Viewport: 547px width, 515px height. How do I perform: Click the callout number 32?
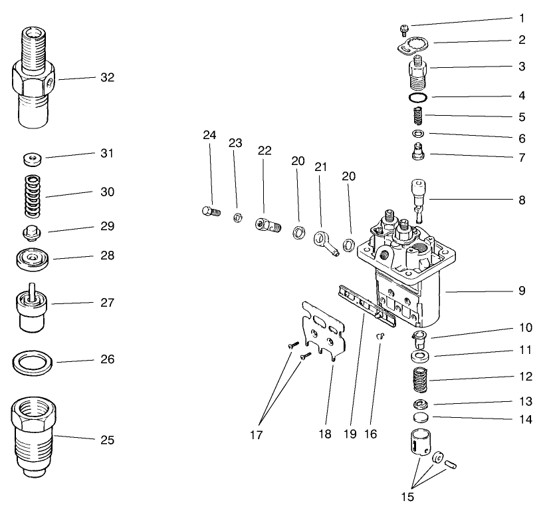[107, 77]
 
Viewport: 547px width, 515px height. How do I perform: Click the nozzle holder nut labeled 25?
[33, 435]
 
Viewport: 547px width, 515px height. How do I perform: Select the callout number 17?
[256, 435]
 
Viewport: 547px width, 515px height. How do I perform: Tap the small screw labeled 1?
[403, 28]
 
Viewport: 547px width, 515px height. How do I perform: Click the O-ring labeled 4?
[417, 98]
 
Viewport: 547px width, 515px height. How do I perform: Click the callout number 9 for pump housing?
[522, 290]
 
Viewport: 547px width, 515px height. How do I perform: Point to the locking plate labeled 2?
[411, 46]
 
